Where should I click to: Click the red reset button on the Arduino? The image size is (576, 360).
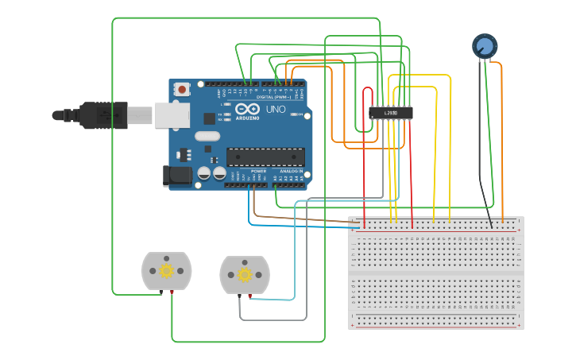(182, 89)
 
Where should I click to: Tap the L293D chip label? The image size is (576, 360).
(391, 113)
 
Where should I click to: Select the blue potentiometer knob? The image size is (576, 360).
(484, 45)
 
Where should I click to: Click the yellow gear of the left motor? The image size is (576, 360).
(166, 270)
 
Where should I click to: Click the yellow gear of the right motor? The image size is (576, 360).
(245, 275)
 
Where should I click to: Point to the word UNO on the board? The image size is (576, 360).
(276, 109)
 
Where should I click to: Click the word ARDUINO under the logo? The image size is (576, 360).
(247, 118)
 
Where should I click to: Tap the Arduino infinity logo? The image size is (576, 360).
(247, 109)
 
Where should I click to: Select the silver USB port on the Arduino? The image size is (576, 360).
(172, 115)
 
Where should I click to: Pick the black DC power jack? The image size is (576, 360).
(176, 176)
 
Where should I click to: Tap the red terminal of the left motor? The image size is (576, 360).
(172, 292)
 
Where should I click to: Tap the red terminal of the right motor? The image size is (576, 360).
(249, 296)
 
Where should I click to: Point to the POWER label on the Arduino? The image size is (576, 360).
(259, 171)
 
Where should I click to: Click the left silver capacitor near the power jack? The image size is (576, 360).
(204, 172)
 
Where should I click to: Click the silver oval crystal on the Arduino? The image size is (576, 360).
(207, 136)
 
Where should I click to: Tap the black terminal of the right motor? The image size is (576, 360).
(240, 296)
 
